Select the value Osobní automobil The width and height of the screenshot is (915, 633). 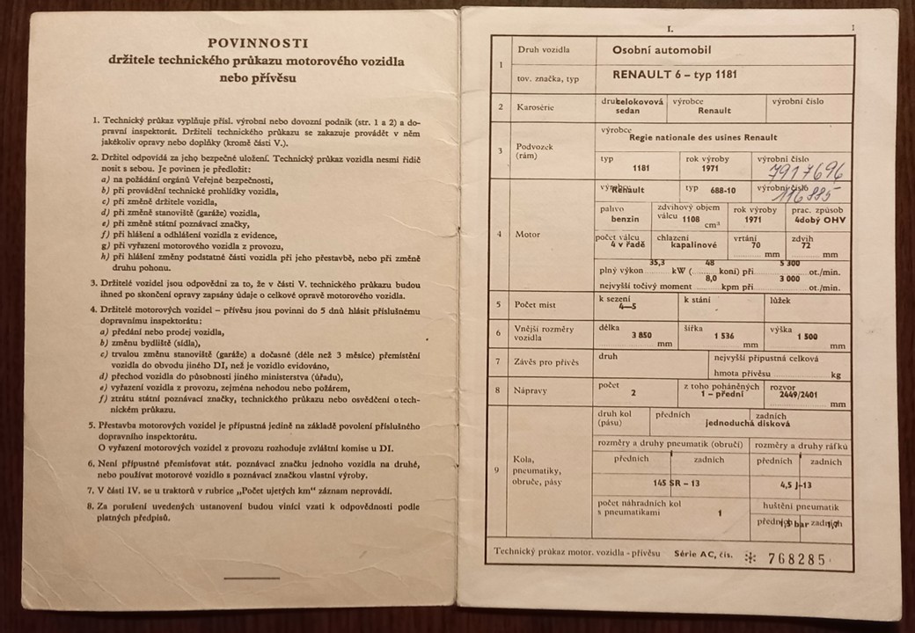coord(662,50)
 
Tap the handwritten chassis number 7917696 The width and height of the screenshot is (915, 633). coord(805,169)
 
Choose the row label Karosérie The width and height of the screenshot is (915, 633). coord(538,107)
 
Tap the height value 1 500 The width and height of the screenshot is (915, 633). coord(806,336)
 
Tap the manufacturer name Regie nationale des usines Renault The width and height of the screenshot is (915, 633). coord(703,138)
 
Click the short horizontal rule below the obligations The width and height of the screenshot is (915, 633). coord(252,578)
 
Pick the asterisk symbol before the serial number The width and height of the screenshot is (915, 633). coord(750,558)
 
